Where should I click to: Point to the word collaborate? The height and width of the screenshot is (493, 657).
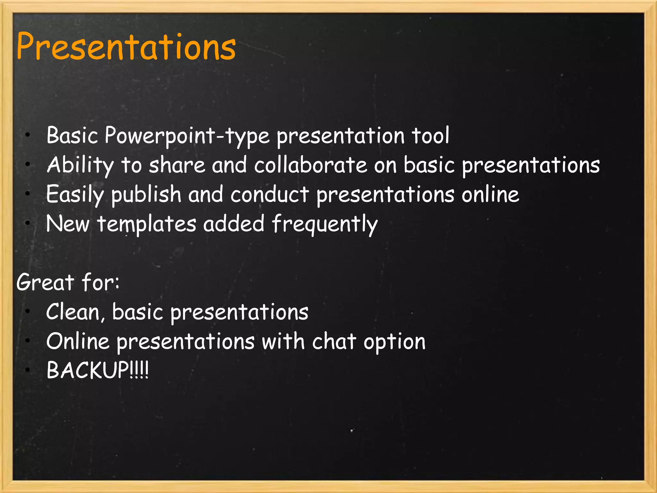pyautogui.click(x=311, y=165)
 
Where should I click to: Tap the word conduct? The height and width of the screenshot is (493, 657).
pyautogui.click(x=269, y=195)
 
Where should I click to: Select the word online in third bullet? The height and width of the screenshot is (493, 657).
pyautogui.click(x=490, y=195)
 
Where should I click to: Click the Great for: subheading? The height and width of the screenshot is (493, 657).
pyautogui.click(x=68, y=282)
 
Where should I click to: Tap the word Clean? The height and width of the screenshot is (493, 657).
pyautogui.click(x=75, y=312)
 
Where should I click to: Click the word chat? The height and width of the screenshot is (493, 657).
pyautogui.click(x=334, y=342)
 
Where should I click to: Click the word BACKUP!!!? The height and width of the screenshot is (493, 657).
pyautogui.click(x=97, y=370)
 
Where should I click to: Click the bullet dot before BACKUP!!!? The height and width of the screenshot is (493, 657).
pyautogui.click(x=28, y=370)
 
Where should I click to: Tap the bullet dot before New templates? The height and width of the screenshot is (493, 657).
pyautogui.click(x=28, y=222)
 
